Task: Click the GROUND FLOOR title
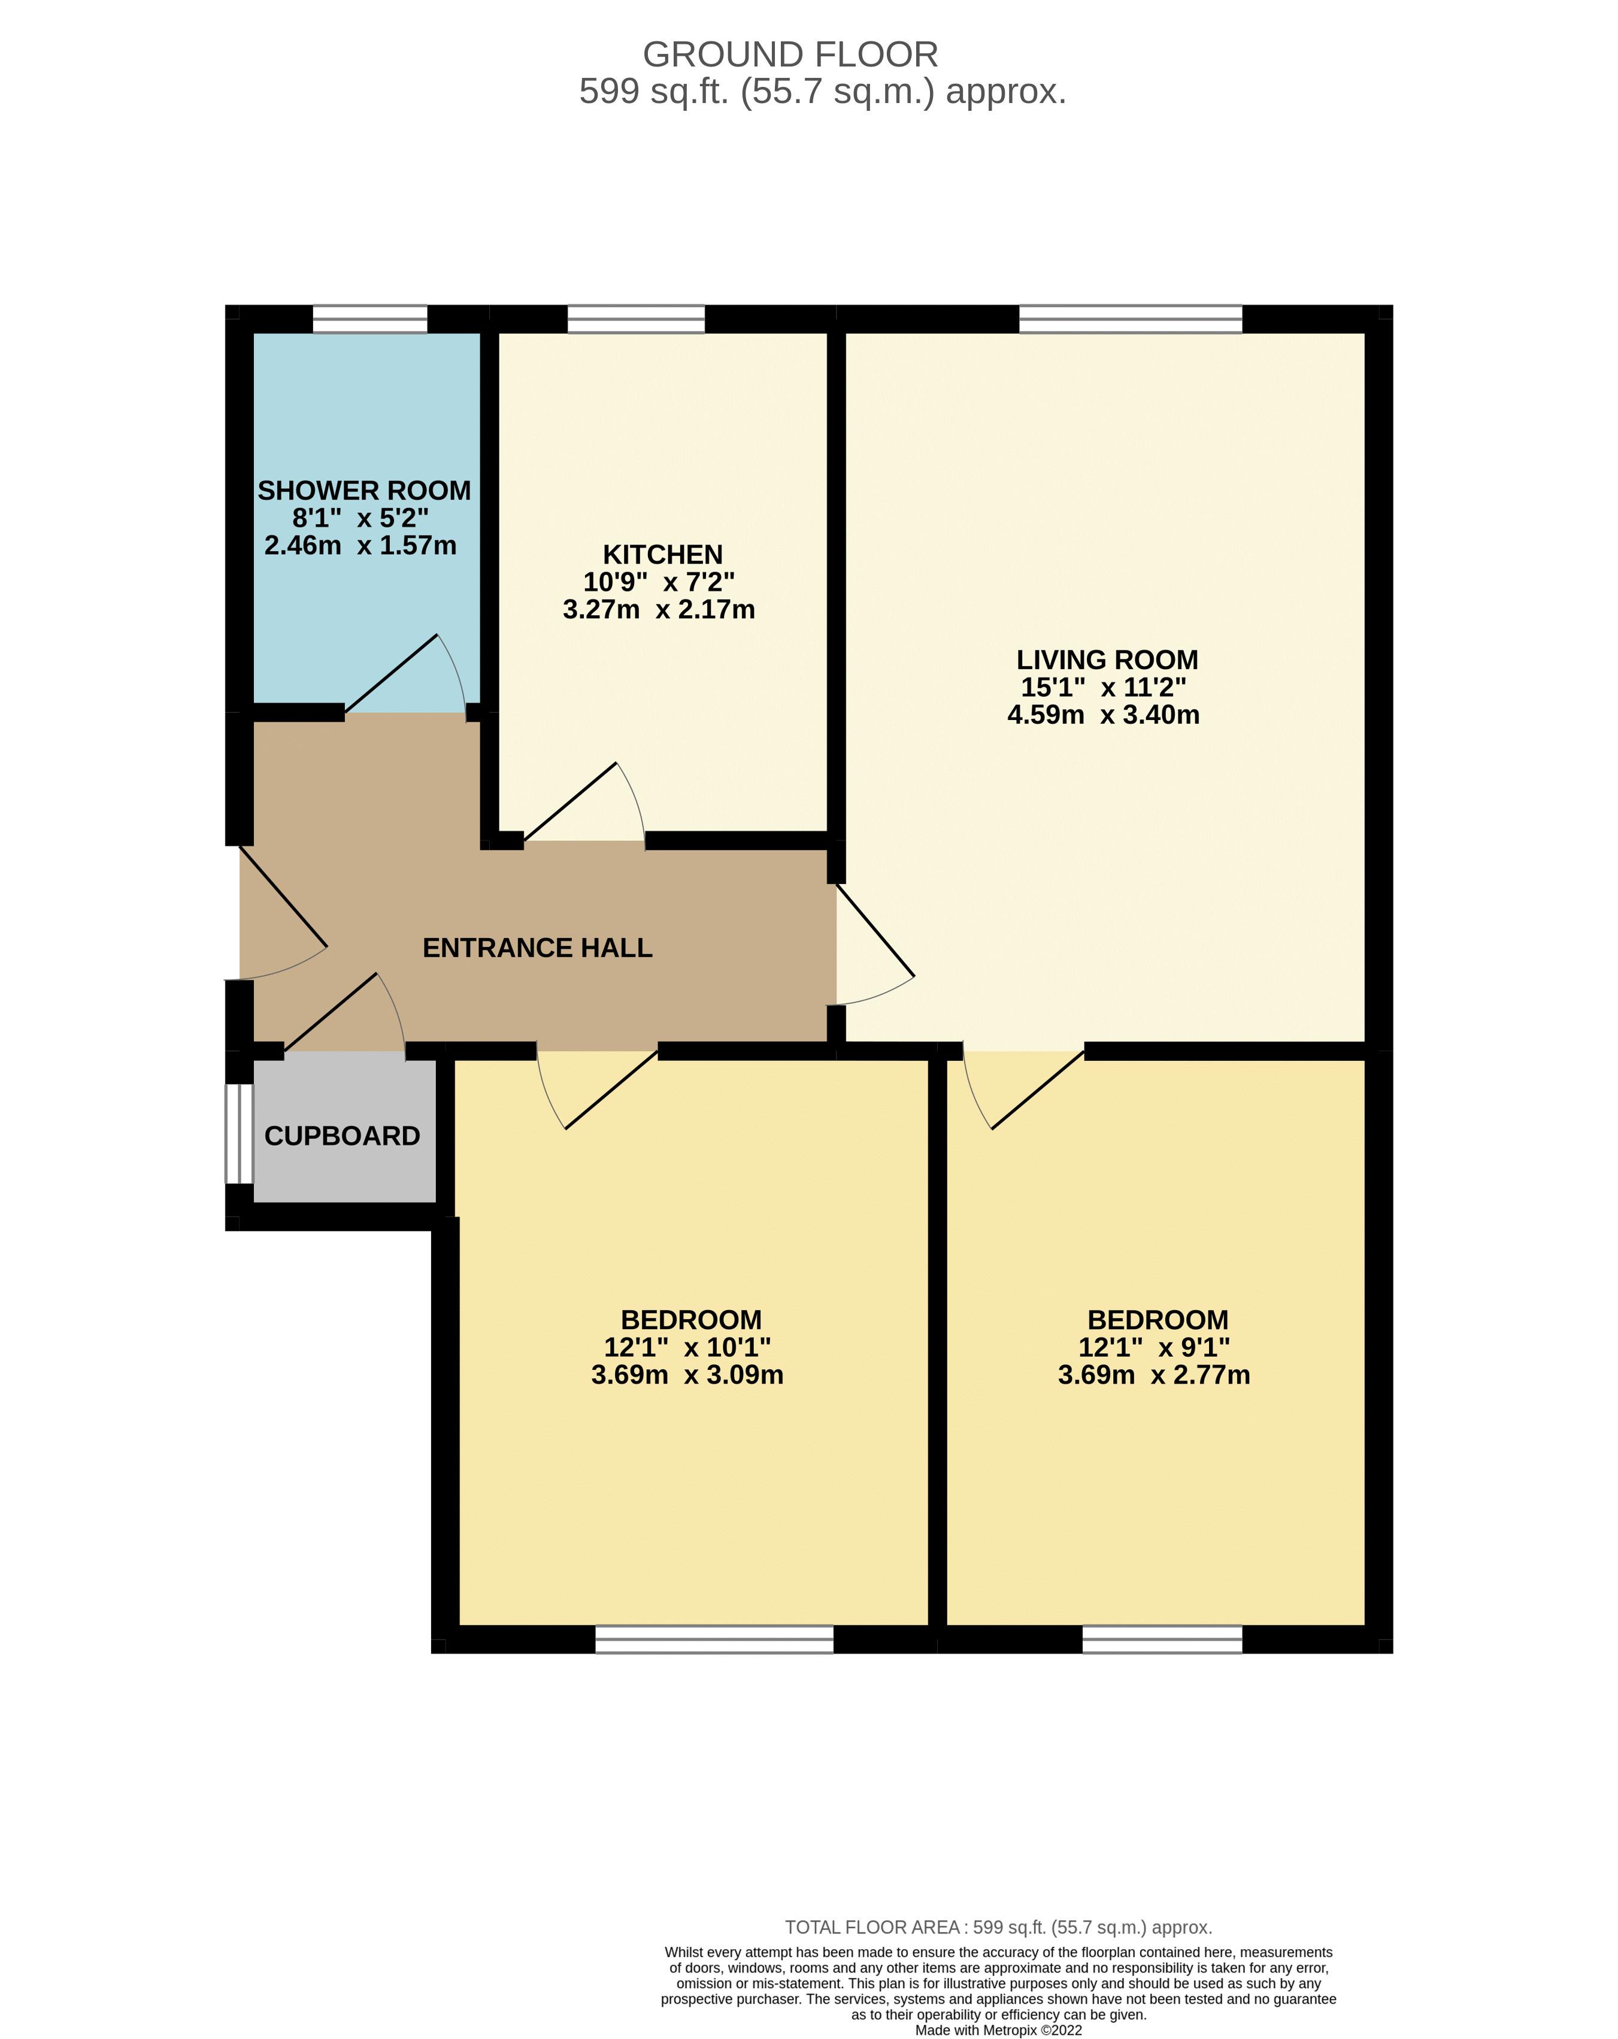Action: [x=790, y=55]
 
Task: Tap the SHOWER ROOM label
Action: [x=364, y=491]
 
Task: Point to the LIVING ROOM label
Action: [x=1107, y=659]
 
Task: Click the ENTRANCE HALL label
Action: [x=537, y=948]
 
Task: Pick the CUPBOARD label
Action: [x=343, y=1136]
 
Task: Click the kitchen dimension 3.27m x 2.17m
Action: [x=659, y=610]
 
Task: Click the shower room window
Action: [x=369, y=319]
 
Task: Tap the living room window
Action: [x=1130, y=319]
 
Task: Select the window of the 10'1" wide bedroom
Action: [x=714, y=1639]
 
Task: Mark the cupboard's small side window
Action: [x=240, y=1133]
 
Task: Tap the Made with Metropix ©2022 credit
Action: [x=999, y=2029]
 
